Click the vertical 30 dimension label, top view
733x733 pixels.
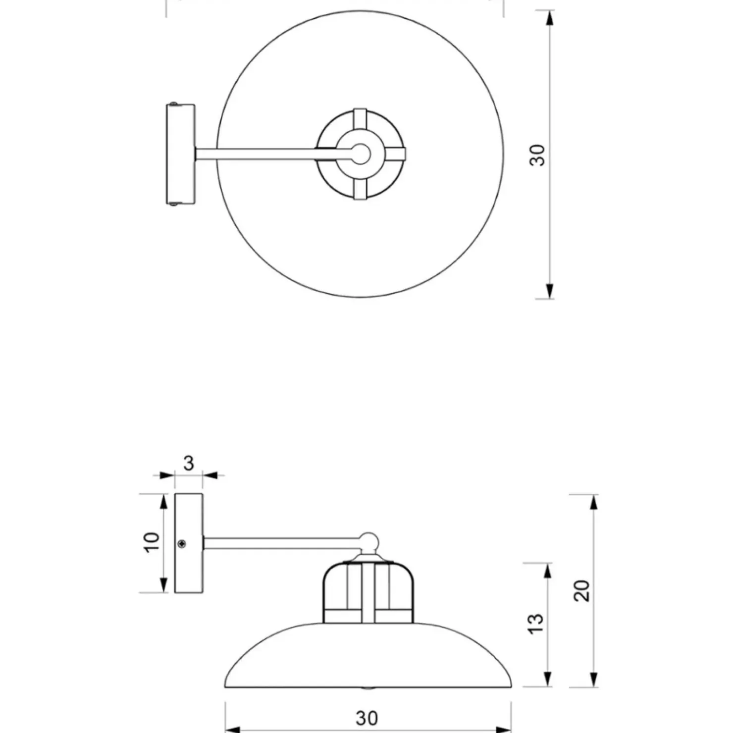point(538,155)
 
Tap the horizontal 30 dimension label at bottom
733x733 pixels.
point(367,718)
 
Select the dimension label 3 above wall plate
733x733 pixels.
point(188,464)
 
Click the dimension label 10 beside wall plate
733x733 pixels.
point(152,542)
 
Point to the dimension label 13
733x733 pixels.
point(536,623)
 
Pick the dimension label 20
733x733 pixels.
point(583,590)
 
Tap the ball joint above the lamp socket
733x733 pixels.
point(368,542)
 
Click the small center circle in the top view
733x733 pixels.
point(361,154)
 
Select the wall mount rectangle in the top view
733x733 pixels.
point(180,154)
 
